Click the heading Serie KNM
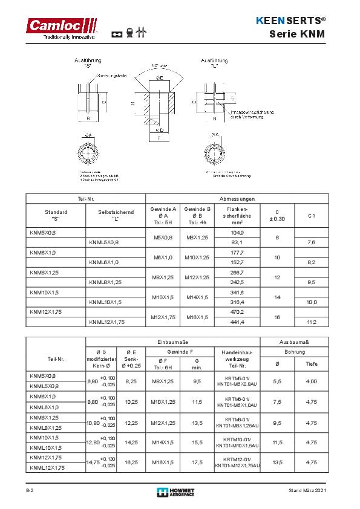[301, 34]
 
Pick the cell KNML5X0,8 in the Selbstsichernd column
[104, 242]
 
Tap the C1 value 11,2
[312, 322]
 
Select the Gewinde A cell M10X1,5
[163, 297]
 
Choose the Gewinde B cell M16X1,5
[198, 317]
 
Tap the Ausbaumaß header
[295, 342]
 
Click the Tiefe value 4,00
[312, 381]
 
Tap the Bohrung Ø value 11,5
[278, 442]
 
